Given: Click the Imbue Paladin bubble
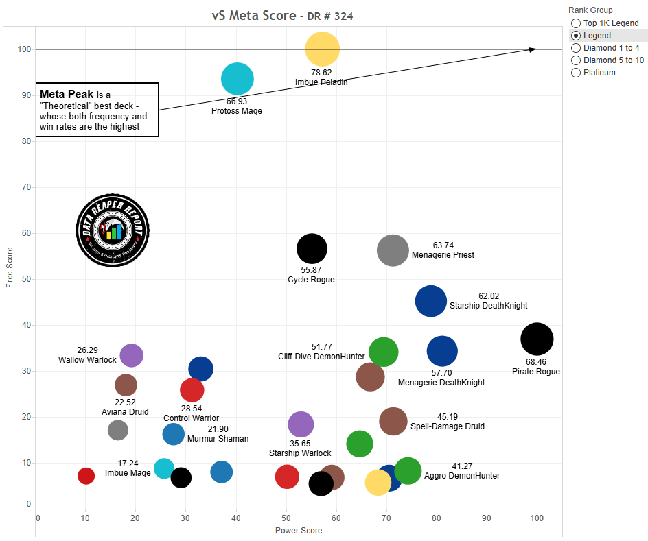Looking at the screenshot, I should pos(323,49).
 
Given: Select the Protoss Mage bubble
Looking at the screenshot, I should pos(238,79).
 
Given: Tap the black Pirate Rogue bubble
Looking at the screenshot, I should pos(537,339).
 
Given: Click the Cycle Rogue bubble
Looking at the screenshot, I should pos(312,248).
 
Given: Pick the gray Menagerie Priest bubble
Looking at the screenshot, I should pos(393,250).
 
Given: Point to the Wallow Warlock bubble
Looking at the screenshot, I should pos(131,355).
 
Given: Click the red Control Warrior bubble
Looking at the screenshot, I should pos(192,390).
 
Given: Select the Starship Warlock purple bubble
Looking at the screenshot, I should pos(301,424).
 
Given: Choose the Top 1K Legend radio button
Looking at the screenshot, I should pos(576,23).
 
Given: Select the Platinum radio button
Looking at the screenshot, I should pos(576,73).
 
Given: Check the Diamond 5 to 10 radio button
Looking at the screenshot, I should pos(576,60).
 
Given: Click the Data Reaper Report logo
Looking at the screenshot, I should pos(112,230).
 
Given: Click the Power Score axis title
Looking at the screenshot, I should pos(299,530).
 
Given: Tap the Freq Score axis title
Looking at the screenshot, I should pos(10,268).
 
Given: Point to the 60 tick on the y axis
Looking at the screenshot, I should pos(27,233).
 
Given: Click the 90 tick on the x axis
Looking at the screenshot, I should pos(487,518).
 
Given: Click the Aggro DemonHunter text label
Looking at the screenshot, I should pos(462,476).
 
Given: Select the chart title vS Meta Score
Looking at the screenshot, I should pos(253,16).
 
